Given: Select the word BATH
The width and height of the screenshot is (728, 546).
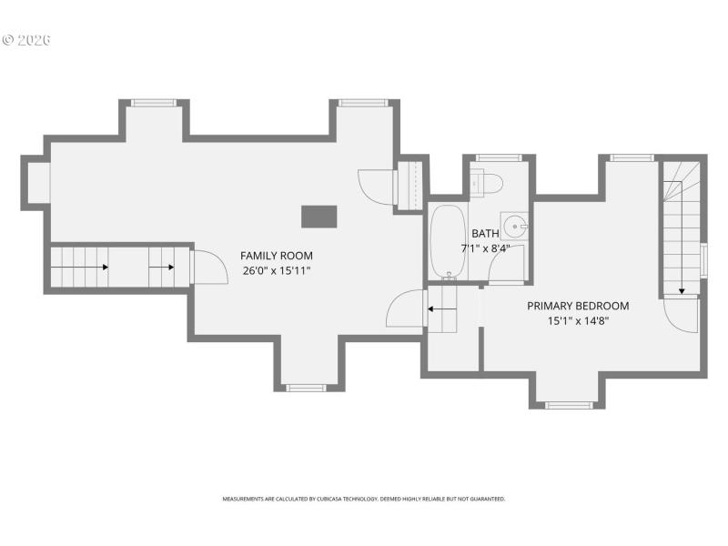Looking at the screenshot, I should pos(485,233).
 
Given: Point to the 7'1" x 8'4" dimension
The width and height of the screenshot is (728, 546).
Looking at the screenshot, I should pos(485,248).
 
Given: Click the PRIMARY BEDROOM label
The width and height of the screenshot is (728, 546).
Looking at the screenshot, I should pos(578,306).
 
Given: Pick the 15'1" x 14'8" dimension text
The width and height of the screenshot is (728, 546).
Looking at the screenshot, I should pos(578,320).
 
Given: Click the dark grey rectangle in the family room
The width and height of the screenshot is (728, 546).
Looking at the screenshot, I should pos(318,216).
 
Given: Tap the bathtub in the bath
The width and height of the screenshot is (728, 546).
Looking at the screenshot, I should pos(446,241).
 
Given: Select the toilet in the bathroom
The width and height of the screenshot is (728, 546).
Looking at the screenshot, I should pos(489,183).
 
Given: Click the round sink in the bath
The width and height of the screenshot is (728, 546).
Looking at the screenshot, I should pos(515,225).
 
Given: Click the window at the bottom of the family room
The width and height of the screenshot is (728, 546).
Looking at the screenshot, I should pos(306,388).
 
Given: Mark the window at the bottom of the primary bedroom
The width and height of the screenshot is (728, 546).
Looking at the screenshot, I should pos(569,404).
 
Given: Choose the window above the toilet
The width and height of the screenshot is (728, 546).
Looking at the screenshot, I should pos(498,157).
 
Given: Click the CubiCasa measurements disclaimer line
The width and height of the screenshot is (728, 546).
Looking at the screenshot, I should pos(364,499).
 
